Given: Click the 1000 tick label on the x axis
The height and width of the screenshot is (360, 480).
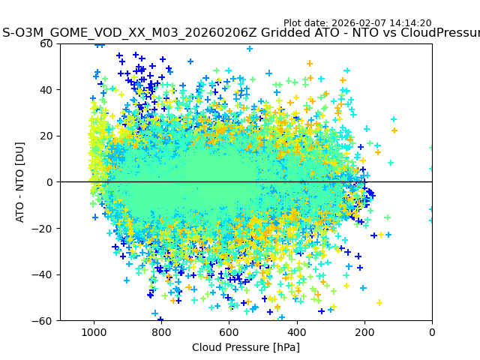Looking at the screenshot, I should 94,332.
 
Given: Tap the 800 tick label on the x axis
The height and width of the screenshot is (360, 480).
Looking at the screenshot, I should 161,332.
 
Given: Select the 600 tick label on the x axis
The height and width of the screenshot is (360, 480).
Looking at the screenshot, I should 229,332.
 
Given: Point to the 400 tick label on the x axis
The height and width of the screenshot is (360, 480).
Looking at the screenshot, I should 297,332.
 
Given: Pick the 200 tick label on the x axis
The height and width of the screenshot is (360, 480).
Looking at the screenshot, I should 364,332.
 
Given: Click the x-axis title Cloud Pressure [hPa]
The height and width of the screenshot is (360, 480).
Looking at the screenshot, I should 246,347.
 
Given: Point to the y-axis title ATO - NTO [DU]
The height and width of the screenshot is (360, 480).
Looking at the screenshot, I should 20,181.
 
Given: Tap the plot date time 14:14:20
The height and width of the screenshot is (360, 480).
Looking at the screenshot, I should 409,23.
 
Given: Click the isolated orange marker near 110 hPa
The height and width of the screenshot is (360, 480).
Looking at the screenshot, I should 394,130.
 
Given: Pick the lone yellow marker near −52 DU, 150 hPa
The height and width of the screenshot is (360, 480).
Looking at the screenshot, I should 379,302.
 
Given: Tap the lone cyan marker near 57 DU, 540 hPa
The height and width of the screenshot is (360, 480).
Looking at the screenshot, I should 250,49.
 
